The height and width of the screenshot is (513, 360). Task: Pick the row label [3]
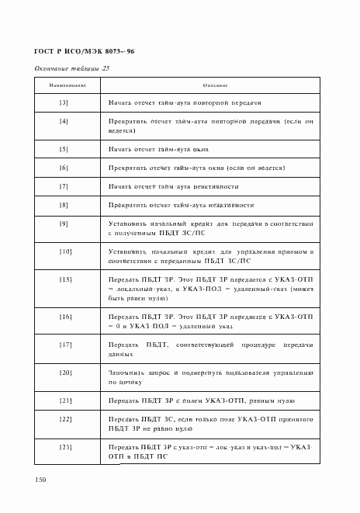(64, 103)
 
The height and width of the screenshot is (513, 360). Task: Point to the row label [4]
(64, 122)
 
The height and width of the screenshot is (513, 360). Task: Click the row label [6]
(64, 168)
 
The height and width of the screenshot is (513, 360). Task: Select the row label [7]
(64, 186)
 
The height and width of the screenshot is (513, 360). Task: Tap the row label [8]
(64, 205)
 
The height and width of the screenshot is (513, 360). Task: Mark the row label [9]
(64, 224)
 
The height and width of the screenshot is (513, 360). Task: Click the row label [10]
(64, 251)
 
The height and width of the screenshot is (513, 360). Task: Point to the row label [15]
(64, 279)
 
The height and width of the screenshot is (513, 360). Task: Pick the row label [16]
(64, 317)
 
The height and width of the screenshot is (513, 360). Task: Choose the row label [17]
(64, 345)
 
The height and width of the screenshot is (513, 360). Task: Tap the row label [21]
(64, 400)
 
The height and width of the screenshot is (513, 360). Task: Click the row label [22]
(64, 419)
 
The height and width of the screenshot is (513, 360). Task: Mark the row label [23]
(64, 447)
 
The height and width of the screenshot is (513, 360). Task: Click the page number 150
(40, 480)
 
